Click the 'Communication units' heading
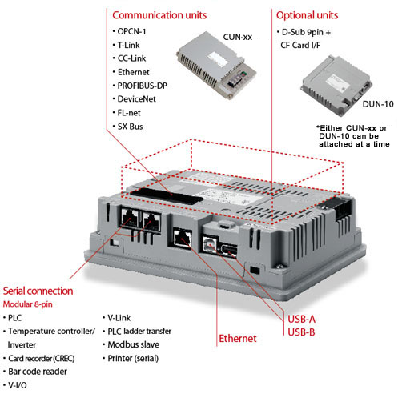(159, 15)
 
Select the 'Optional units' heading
(307, 15)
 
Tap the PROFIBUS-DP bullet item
(142, 86)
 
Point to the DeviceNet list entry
(137, 99)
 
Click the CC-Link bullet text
(131, 58)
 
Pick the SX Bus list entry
(130, 127)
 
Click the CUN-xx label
(238, 37)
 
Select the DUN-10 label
(378, 104)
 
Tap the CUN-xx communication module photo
(216, 66)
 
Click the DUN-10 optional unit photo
(337, 86)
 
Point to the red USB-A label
(301, 319)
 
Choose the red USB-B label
(301, 332)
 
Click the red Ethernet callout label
(238, 339)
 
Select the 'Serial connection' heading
(38, 291)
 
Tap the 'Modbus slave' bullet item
(134, 344)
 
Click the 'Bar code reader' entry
(38, 372)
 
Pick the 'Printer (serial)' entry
(133, 358)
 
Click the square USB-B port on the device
(210, 243)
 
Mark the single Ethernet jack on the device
(183, 238)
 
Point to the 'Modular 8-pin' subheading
(28, 304)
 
